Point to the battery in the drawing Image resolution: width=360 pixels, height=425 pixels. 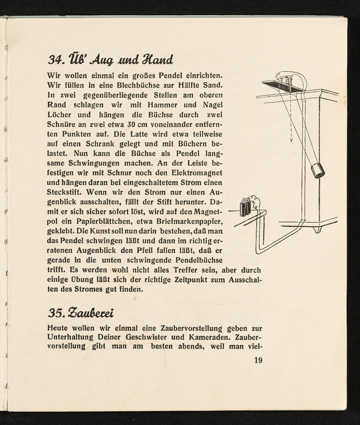pyautogui.click(x=246, y=207)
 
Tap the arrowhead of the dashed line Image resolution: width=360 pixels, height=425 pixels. pyautogui.click(x=291, y=142)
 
